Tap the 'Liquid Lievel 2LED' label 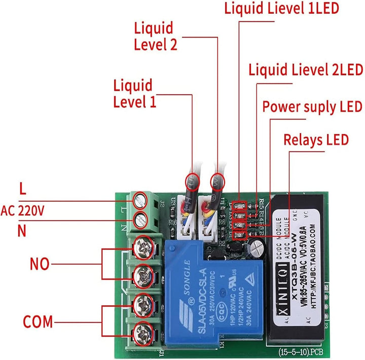306,69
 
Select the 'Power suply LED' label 312,107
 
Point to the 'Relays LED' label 316,139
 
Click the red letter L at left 22,189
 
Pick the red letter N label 22,231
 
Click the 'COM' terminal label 38,321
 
